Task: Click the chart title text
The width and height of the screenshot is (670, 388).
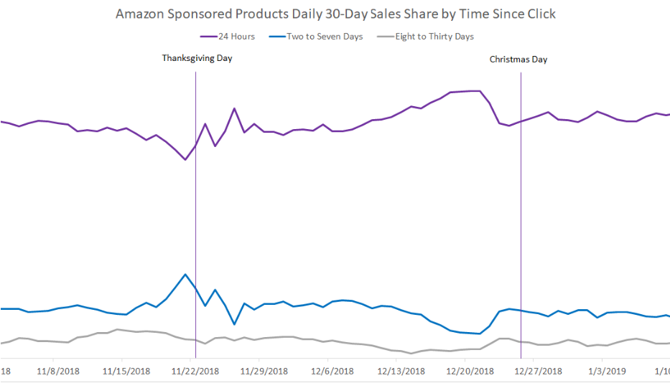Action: (335, 14)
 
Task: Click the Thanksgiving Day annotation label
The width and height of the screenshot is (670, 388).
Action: (197, 58)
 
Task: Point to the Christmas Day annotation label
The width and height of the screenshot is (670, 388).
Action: (518, 60)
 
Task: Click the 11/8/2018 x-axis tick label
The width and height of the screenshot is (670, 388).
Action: (58, 371)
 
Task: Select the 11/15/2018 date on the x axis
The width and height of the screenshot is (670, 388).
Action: (127, 371)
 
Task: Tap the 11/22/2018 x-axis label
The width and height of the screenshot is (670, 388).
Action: (195, 371)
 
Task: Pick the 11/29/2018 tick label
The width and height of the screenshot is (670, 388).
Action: (264, 371)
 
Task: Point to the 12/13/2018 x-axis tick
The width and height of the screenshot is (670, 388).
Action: (401, 371)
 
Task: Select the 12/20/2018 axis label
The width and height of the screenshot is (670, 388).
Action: (470, 371)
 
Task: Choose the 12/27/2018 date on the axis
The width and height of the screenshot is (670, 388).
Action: (539, 371)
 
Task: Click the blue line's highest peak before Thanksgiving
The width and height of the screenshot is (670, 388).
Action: (185, 274)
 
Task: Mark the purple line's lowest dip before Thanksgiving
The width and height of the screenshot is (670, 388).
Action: (185, 159)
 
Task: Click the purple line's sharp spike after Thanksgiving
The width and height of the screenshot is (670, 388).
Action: (234, 108)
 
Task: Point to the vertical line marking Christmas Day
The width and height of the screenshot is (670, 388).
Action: (521, 215)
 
